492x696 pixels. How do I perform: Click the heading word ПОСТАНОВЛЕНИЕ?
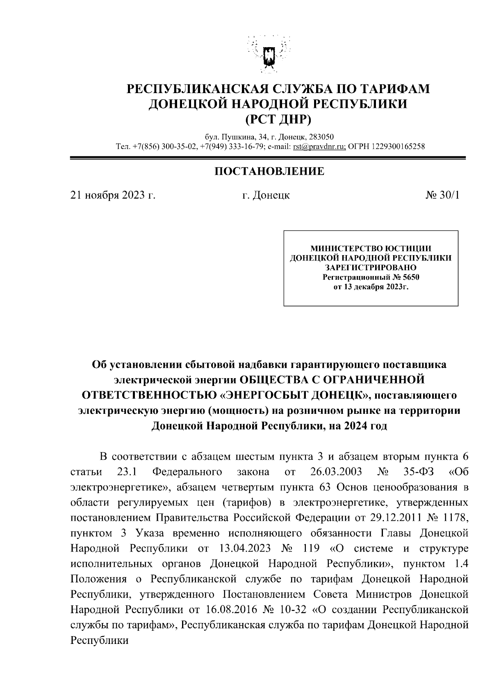(269, 171)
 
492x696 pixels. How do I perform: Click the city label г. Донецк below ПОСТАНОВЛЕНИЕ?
(265, 195)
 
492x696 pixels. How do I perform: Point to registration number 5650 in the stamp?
(411, 277)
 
